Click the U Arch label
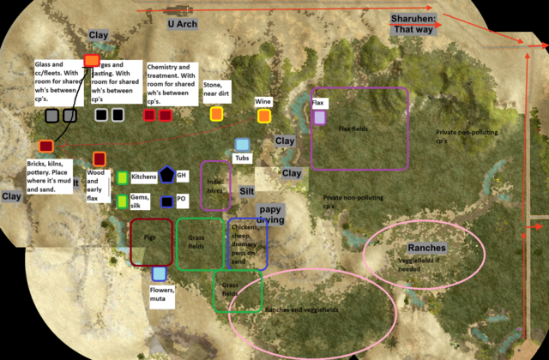click(182, 25)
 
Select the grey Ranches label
click(426, 248)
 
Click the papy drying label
click(270, 213)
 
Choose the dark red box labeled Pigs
click(151, 243)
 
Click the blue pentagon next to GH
click(166, 176)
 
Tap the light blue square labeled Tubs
click(243, 145)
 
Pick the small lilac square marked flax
click(319, 117)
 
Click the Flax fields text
click(353, 129)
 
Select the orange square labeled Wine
click(262, 114)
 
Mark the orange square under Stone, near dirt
click(216, 113)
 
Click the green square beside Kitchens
click(123, 177)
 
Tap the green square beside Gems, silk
click(123, 201)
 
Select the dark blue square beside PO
click(166, 202)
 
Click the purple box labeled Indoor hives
click(215, 185)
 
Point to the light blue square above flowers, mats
click(159, 274)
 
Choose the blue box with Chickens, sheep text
click(247, 243)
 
